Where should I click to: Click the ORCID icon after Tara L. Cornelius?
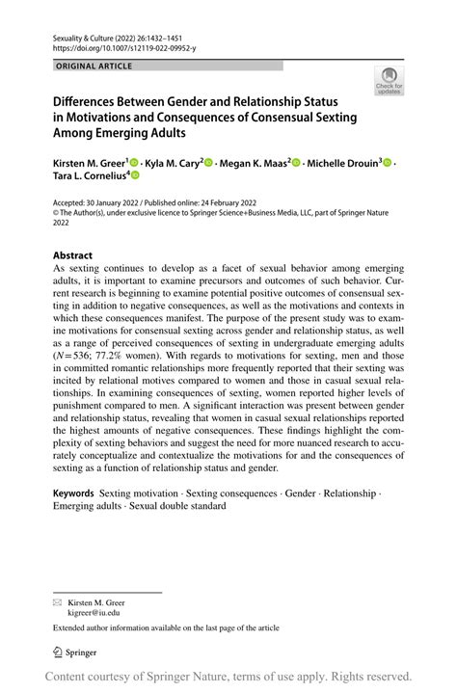coord(135,175)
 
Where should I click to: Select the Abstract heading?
coord(74,256)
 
